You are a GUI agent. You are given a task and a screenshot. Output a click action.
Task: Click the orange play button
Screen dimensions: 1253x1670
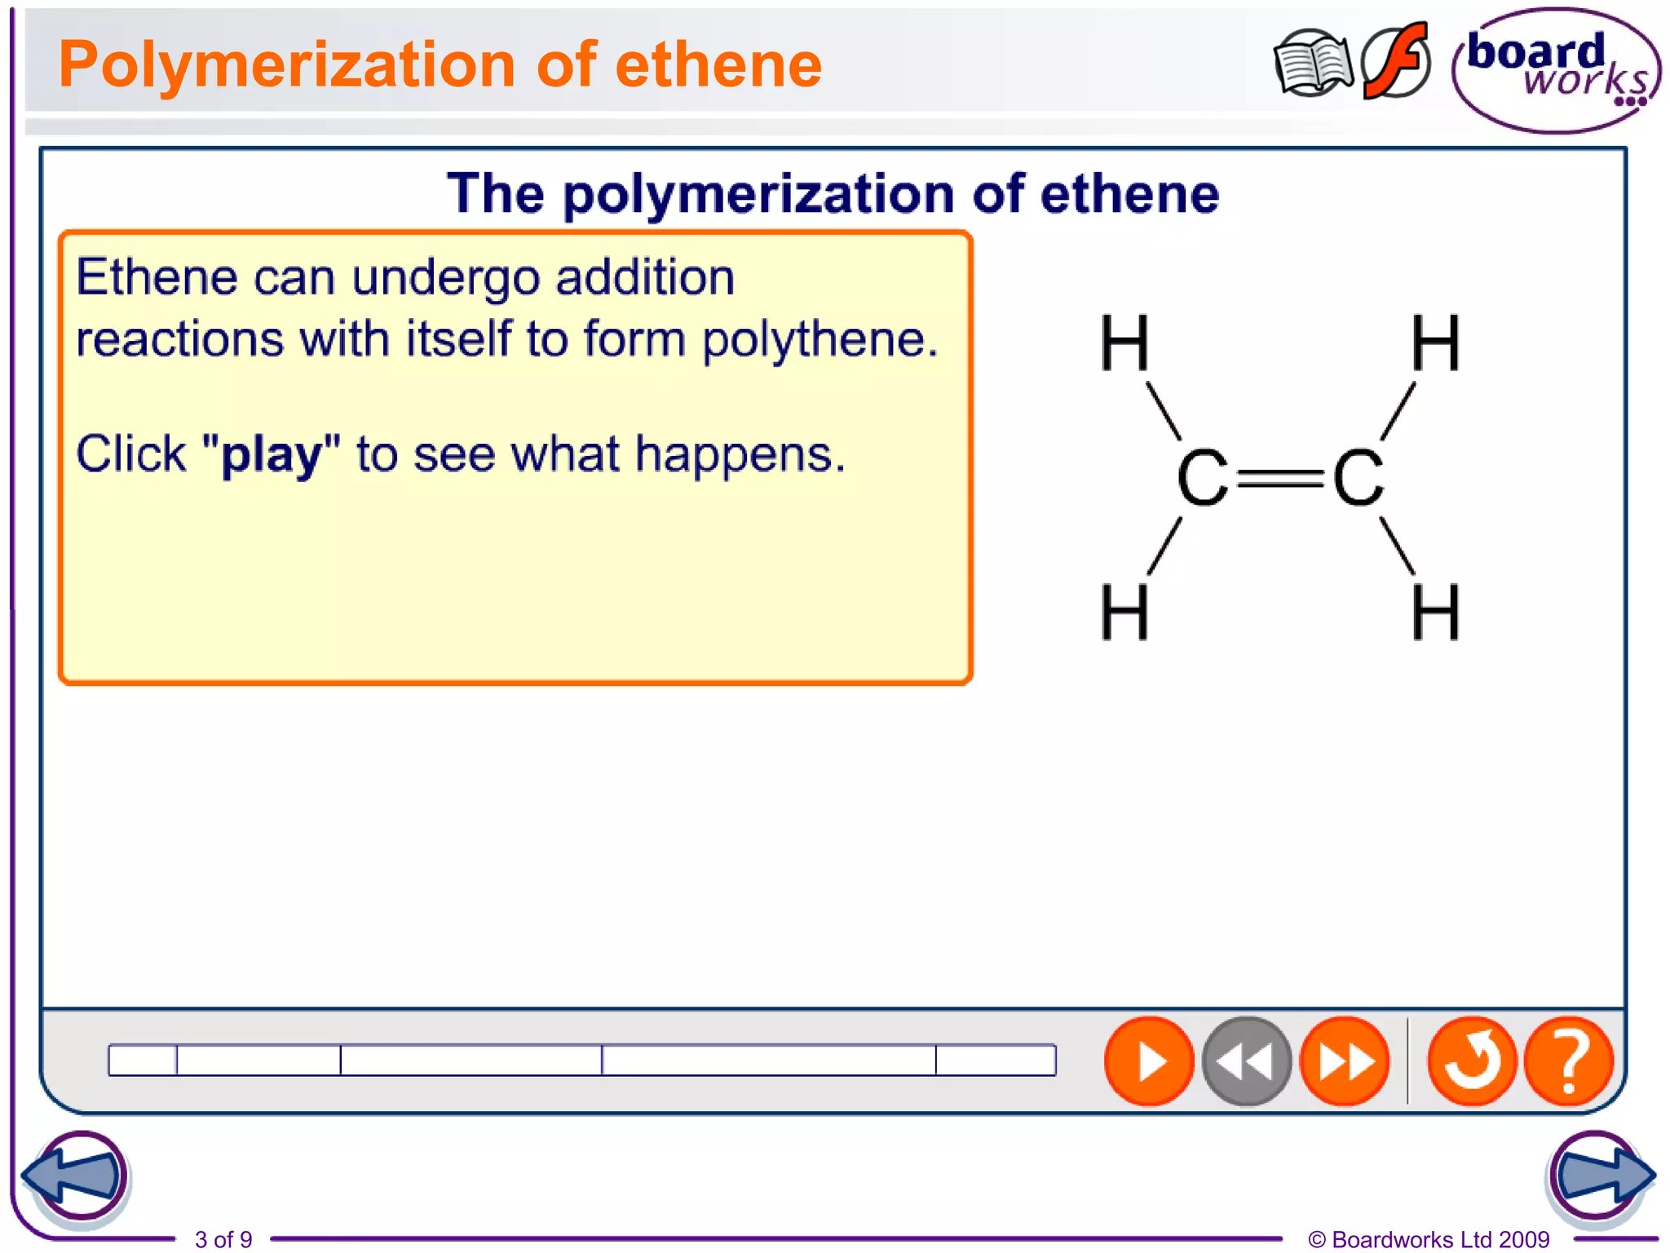tap(1149, 1061)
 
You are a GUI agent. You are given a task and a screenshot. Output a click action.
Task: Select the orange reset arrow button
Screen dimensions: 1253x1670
tap(1472, 1061)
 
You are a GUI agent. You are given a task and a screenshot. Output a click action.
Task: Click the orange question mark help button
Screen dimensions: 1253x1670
tap(1568, 1061)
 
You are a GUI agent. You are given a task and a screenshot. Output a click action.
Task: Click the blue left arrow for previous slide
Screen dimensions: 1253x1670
tap(75, 1176)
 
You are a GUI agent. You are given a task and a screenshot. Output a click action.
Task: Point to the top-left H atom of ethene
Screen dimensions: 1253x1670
tap(1124, 343)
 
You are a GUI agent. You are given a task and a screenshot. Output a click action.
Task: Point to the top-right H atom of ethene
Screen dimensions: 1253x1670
tap(1435, 343)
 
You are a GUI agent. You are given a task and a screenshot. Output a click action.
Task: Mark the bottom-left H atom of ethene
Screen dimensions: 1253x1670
tap(1124, 612)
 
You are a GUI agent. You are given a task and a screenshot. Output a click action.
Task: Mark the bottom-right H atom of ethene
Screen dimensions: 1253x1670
tap(1435, 612)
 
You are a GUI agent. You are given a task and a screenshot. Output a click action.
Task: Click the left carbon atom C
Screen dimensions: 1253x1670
tap(1202, 478)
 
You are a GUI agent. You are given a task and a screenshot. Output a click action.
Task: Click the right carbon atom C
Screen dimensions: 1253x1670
tap(1358, 478)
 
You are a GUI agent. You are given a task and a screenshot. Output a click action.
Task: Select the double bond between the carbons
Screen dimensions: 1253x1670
tap(1279, 478)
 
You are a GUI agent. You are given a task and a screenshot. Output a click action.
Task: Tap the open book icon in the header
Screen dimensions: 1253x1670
tap(1312, 64)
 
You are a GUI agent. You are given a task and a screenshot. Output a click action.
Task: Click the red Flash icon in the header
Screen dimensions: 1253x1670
tap(1396, 61)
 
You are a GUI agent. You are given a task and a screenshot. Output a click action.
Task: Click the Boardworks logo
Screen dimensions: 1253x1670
tap(1556, 70)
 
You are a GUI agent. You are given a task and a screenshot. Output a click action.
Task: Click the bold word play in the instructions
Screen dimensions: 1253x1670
tap(272, 455)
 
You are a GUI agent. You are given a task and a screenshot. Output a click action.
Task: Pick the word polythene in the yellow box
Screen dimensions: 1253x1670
tap(820, 339)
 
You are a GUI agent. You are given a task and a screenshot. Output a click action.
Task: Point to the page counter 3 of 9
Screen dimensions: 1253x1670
tap(223, 1239)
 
